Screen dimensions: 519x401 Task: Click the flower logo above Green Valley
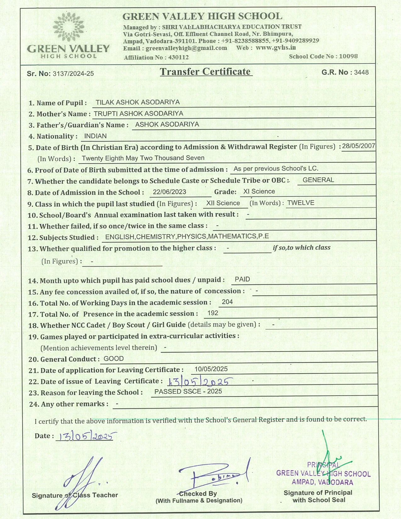pyautogui.click(x=69, y=27)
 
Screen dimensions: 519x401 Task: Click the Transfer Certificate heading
pyautogui.click(x=206, y=72)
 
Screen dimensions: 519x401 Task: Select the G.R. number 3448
pyautogui.click(x=361, y=72)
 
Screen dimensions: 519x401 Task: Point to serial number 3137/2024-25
pyautogui.click(x=73, y=74)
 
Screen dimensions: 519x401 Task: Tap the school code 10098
pyautogui.click(x=348, y=56)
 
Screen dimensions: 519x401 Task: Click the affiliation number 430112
pyautogui.click(x=178, y=57)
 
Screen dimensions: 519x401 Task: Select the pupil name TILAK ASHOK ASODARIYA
pyautogui.click(x=138, y=102)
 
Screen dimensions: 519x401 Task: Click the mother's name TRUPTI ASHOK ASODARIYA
pyautogui.click(x=138, y=113)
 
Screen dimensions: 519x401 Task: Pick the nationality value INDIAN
pyautogui.click(x=95, y=136)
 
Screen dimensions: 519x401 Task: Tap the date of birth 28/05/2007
pyautogui.click(x=359, y=146)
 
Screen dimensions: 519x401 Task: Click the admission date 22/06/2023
pyautogui.click(x=170, y=192)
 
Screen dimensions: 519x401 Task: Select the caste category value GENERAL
pyautogui.click(x=318, y=180)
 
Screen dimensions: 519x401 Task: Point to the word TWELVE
pyautogui.click(x=301, y=203)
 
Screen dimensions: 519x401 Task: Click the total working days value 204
pyautogui.click(x=227, y=302)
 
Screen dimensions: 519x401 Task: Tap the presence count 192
pyautogui.click(x=213, y=313)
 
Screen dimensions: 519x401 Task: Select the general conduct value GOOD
pyautogui.click(x=114, y=359)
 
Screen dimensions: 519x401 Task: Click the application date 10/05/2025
pyautogui.click(x=211, y=369)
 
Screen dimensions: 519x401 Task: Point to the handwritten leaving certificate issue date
pyautogui.click(x=200, y=382)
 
